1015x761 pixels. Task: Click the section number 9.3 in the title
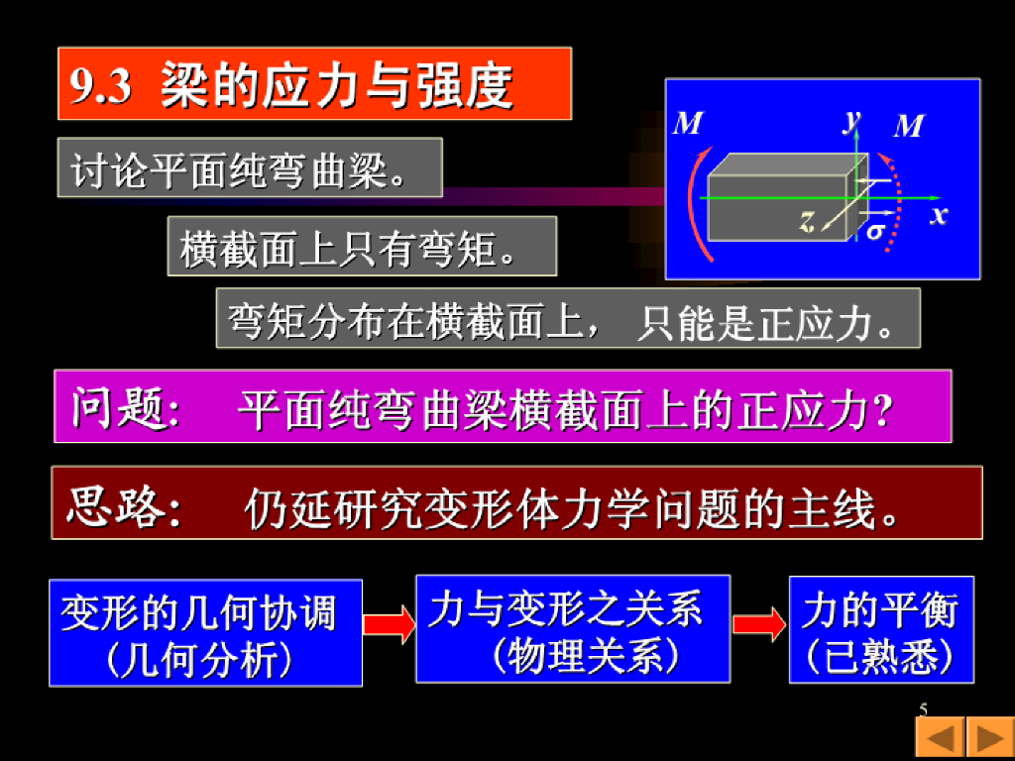click(101, 87)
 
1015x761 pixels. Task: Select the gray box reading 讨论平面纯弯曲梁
click(249, 168)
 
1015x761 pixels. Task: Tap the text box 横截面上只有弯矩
click(362, 246)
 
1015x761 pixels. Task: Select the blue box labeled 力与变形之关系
click(573, 629)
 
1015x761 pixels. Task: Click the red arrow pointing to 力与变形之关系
click(389, 624)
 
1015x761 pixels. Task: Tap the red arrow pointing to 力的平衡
click(759, 624)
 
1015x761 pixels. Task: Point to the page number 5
click(924, 709)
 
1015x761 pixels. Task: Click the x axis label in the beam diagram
click(939, 215)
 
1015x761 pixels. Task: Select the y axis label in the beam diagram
click(851, 120)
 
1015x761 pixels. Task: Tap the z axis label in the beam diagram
click(808, 222)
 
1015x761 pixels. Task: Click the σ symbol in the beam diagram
click(875, 232)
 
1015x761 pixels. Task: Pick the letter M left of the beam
click(688, 123)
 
